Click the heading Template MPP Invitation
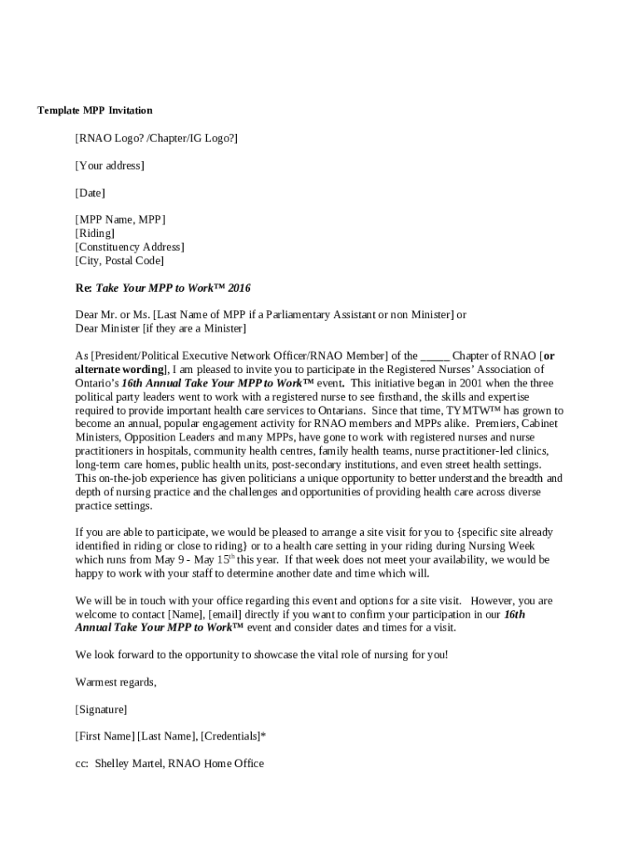(x=95, y=111)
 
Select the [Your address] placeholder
(x=110, y=165)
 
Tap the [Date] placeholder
(x=91, y=193)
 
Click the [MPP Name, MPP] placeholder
(x=121, y=219)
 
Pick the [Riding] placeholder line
(x=96, y=234)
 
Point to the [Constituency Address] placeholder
(x=130, y=247)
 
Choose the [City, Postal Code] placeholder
(x=120, y=261)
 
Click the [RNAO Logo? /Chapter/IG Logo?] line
(x=156, y=138)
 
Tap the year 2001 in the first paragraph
(x=475, y=383)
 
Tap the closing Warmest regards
(x=116, y=682)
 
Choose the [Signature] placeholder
(x=101, y=710)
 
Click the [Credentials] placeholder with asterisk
(x=234, y=736)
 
